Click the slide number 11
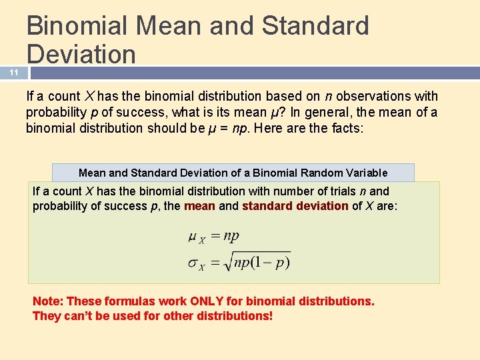tap(13, 73)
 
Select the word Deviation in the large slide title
tap(81, 54)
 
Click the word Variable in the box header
tap(365, 173)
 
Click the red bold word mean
tap(199, 206)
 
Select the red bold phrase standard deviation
tap(295, 206)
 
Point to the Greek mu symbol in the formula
tap(193, 236)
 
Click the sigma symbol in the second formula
tap(193, 261)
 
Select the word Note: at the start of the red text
tap(48, 301)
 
